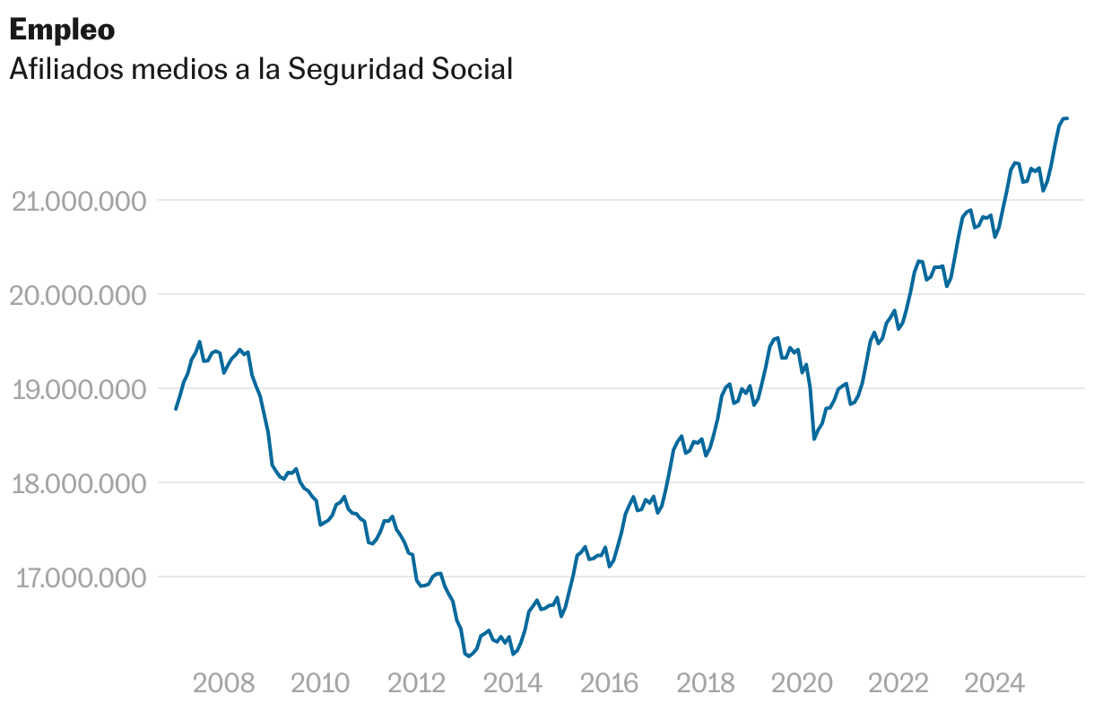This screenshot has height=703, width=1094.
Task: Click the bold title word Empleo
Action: pyautogui.click(x=62, y=30)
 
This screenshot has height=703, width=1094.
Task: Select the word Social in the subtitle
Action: pyautogui.click(x=473, y=69)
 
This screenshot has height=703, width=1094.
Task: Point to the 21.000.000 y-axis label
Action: pyautogui.click(x=80, y=201)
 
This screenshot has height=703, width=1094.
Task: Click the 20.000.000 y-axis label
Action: pyautogui.click(x=80, y=295)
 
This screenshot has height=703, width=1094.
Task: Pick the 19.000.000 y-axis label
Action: pyautogui.click(x=80, y=389)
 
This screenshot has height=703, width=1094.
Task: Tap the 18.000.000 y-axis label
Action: pyautogui.click(x=80, y=483)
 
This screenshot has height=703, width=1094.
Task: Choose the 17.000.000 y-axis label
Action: pyautogui.click(x=80, y=577)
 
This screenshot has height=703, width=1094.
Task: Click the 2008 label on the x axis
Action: pyautogui.click(x=223, y=683)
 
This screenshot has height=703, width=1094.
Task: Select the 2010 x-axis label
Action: pyautogui.click(x=320, y=683)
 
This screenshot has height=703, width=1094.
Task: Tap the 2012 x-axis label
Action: pyautogui.click(x=417, y=683)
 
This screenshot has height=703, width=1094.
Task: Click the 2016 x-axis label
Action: pyautogui.click(x=610, y=683)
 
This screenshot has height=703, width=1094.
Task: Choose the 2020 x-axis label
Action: pyautogui.click(x=803, y=683)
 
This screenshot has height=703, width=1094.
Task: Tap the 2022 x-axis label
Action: pyautogui.click(x=899, y=683)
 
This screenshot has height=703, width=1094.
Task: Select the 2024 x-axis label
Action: pyautogui.click(x=994, y=683)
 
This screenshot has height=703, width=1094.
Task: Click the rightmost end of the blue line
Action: pyautogui.click(x=1067, y=118)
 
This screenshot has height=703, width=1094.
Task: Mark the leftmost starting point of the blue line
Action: pyautogui.click(x=176, y=409)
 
